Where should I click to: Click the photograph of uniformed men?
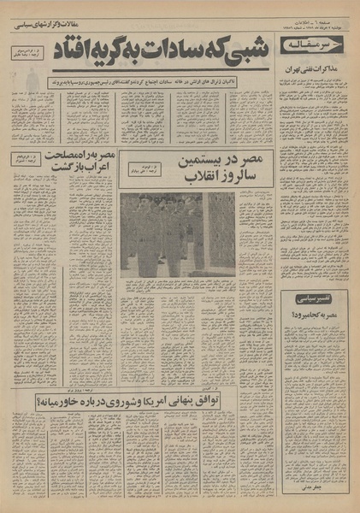[178, 233]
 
